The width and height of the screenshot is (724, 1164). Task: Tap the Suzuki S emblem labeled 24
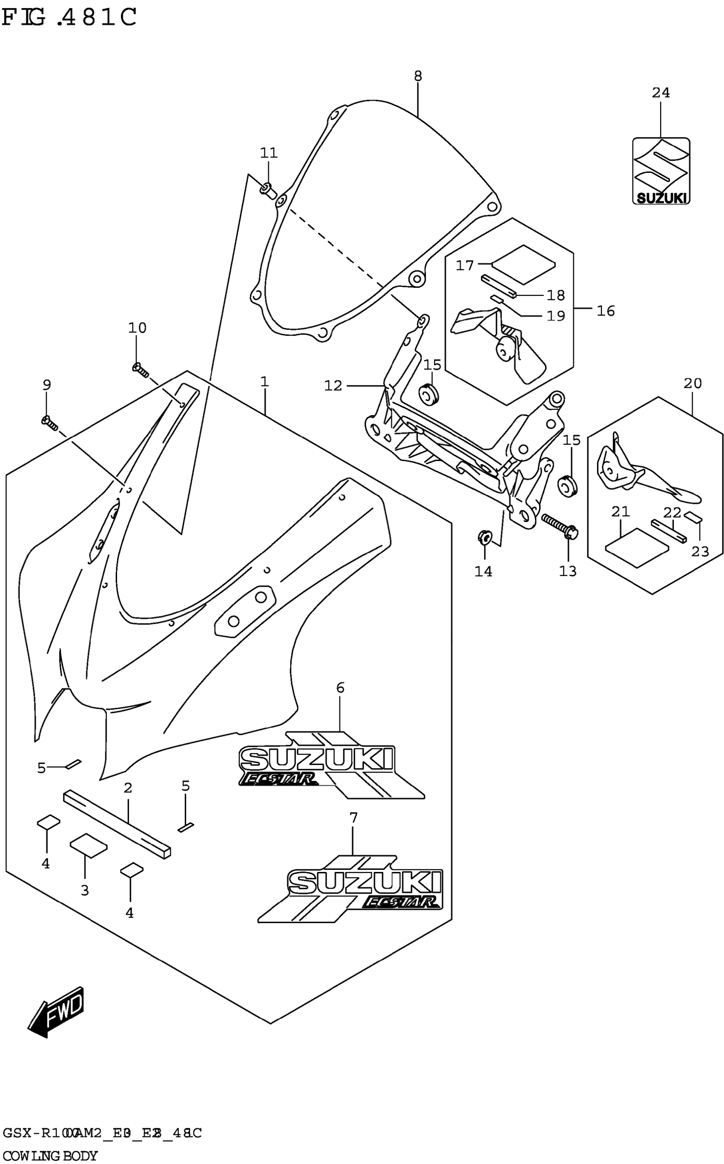point(661,171)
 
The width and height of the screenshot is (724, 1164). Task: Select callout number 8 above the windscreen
point(417,76)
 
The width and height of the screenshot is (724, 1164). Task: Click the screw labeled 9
point(50,423)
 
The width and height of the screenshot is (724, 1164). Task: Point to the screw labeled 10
point(140,369)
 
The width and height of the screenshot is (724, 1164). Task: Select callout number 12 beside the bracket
point(333,385)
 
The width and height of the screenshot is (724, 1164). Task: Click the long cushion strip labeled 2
point(117,824)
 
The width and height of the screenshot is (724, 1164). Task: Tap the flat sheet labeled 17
point(523,265)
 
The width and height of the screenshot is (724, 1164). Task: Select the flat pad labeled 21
point(636,547)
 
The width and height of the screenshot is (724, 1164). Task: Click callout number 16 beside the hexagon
point(605,311)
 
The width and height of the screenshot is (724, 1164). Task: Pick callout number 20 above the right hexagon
point(692,383)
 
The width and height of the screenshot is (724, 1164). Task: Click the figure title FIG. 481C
point(69,18)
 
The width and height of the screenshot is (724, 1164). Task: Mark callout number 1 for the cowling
point(264,382)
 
